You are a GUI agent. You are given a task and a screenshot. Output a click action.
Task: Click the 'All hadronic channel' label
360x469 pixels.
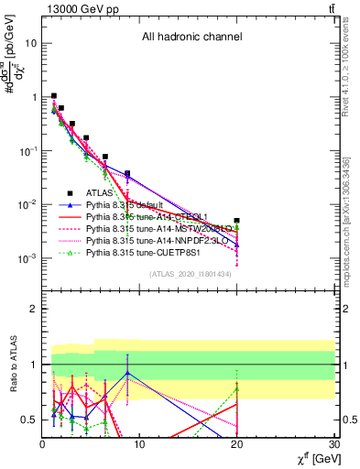coord(191,38)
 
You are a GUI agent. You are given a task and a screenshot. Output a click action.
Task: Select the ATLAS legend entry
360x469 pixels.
coord(99,193)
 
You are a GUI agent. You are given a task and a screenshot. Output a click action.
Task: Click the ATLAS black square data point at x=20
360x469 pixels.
coord(236,221)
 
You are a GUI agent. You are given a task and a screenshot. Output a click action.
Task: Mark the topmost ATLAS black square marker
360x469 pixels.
coord(54,95)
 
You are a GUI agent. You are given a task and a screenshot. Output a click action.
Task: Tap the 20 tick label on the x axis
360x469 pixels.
coord(236,446)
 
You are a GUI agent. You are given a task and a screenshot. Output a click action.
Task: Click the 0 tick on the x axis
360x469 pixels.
coord(43,446)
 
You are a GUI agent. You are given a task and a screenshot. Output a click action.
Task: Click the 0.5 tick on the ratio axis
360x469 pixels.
coord(31,420)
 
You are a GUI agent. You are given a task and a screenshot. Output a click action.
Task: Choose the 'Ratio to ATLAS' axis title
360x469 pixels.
coord(12,365)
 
